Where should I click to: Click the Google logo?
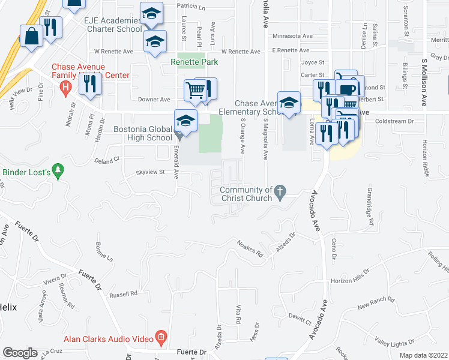tap(20, 353)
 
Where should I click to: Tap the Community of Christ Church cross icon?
tap(279, 193)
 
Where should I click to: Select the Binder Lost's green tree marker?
tap(58, 171)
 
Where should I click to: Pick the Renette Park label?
tap(193, 61)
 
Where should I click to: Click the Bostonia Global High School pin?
tap(185, 121)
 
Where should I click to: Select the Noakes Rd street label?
tap(252, 250)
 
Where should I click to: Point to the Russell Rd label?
tap(124, 295)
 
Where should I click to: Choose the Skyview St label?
tap(150, 172)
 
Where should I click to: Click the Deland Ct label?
tap(108, 160)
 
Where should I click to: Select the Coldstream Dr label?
tap(394, 121)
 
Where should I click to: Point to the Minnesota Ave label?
tap(292, 36)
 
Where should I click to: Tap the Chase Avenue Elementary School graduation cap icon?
tap(289, 102)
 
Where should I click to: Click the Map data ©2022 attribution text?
tap(424, 355)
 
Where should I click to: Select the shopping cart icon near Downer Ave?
tap(194, 91)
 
